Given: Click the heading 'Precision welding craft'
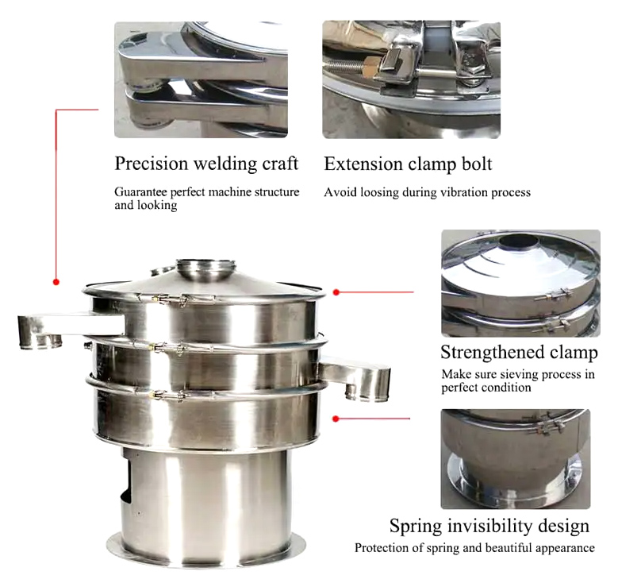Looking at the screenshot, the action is [x=206, y=164].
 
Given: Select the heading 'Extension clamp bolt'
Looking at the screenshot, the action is [x=408, y=164].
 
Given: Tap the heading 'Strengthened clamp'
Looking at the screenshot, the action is [x=519, y=352].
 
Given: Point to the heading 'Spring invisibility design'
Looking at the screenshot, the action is [x=489, y=526].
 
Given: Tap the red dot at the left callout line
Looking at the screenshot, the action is [x=56, y=282].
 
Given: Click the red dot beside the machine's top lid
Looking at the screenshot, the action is [x=336, y=292].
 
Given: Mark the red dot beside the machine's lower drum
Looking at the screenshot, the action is [x=336, y=419].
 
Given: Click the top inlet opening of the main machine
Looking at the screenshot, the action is [x=205, y=264].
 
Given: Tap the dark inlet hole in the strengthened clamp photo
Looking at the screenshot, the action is [x=518, y=241].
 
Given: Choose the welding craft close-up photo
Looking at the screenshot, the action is [x=201, y=79].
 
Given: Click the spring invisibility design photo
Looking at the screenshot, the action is [x=516, y=459].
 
